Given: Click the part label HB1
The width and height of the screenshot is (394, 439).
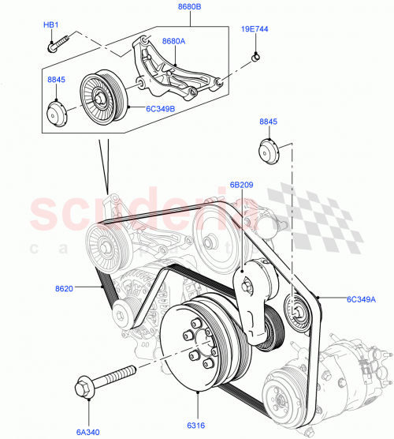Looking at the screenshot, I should pyautogui.click(x=51, y=25).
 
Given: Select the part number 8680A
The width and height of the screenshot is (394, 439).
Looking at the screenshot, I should pyautogui.click(x=174, y=41).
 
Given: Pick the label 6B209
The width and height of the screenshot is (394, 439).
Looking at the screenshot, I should pyautogui.click(x=242, y=185).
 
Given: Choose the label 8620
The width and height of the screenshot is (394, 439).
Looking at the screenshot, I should pyautogui.click(x=64, y=289).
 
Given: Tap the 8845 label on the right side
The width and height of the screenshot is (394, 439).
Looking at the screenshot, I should pyautogui.click(x=270, y=122).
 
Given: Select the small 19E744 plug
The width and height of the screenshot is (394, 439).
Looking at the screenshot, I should pyautogui.click(x=255, y=57).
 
